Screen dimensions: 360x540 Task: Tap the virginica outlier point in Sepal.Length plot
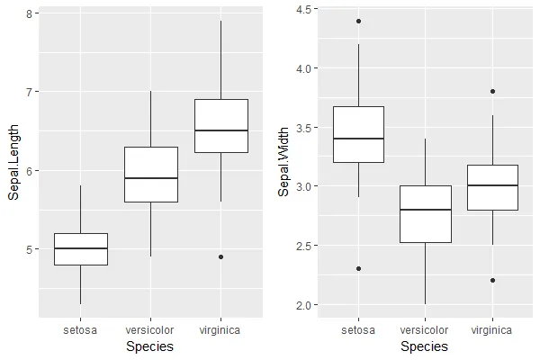(221, 256)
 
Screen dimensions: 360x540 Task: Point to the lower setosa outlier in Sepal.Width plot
(358, 268)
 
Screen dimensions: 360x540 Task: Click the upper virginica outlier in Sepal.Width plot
(492, 91)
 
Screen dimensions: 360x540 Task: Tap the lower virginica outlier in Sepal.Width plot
(492, 280)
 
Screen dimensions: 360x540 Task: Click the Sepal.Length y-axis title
(13, 163)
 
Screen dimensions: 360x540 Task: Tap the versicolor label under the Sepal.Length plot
(151, 330)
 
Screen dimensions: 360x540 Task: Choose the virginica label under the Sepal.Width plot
(492, 330)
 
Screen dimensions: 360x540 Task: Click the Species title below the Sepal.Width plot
(425, 346)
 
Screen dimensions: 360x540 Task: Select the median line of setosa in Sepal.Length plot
(81, 248)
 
